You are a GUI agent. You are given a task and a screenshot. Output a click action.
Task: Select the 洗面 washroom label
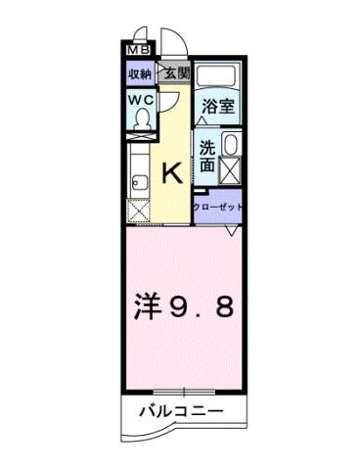pyautogui.click(x=206, y=156)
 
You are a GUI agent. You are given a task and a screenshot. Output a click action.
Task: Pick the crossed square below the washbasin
pyautogui.click(x=231, y=174)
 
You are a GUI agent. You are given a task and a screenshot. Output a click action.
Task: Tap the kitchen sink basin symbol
pyautogui.click(x=136, y=178)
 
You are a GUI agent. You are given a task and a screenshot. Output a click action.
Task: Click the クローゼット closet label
pyautogui.click(x=216, y=207)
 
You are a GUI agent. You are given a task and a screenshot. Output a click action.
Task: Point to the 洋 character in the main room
pyautogui.click(x=148, y=307)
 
